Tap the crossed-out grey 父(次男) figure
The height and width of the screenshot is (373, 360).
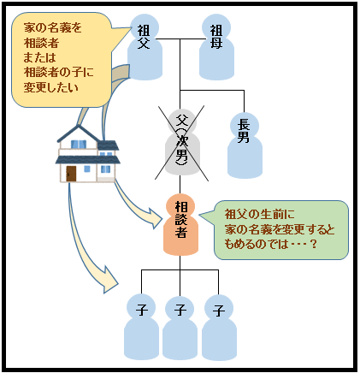tap(182, 143)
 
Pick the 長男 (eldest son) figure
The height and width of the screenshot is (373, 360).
tap(245, 145)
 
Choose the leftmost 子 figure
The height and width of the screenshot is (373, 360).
tap(141, 328)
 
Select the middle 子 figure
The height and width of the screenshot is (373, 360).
tap(180, 328)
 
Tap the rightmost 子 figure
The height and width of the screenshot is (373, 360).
tap(219, 328)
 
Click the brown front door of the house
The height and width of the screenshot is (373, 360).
tap(71, 174)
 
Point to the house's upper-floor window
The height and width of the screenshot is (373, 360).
tap(79, 145)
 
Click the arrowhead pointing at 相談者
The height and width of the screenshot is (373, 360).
tap(155, 218)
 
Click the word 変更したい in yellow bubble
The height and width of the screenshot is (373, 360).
tap(51, 87)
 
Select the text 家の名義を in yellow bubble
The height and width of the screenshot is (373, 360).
tap(53, 27)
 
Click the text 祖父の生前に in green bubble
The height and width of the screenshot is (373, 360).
tap(259, 215)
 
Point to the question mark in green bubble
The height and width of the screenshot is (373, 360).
tap(314, 245)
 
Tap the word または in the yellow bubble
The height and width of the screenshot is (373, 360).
tap(40, 57)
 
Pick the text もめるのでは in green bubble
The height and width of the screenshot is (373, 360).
tap(256, 245)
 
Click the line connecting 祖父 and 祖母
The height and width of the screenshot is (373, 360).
tap(180, 39)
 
